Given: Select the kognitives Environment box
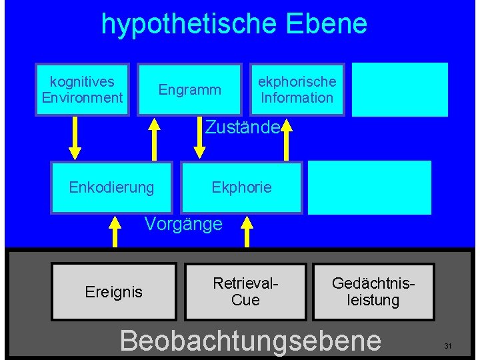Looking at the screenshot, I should click(x=83, y=89).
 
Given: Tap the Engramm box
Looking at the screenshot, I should click(x=189, y=89).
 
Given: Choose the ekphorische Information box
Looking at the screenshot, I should click(x=297, y=89).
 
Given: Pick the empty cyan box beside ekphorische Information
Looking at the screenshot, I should click(x=399, y=89).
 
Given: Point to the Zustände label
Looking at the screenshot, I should click(x=241, y=127).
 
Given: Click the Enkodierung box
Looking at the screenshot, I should click(x=111, y=187).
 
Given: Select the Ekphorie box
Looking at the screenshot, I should click(x=241, y=187).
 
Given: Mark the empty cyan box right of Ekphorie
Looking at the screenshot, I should click(x=369, y=187).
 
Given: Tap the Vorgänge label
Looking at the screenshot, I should click(x=183, y=224).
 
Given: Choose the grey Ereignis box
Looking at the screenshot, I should click(x=113, y=292).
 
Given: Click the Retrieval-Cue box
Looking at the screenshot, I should click(x=245, y=292).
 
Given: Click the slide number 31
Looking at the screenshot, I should click(x=448, y=346).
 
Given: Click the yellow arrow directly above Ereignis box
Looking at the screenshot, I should click(x=115, y=231).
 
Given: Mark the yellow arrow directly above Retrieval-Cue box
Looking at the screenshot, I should click(x=247, y=231).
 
